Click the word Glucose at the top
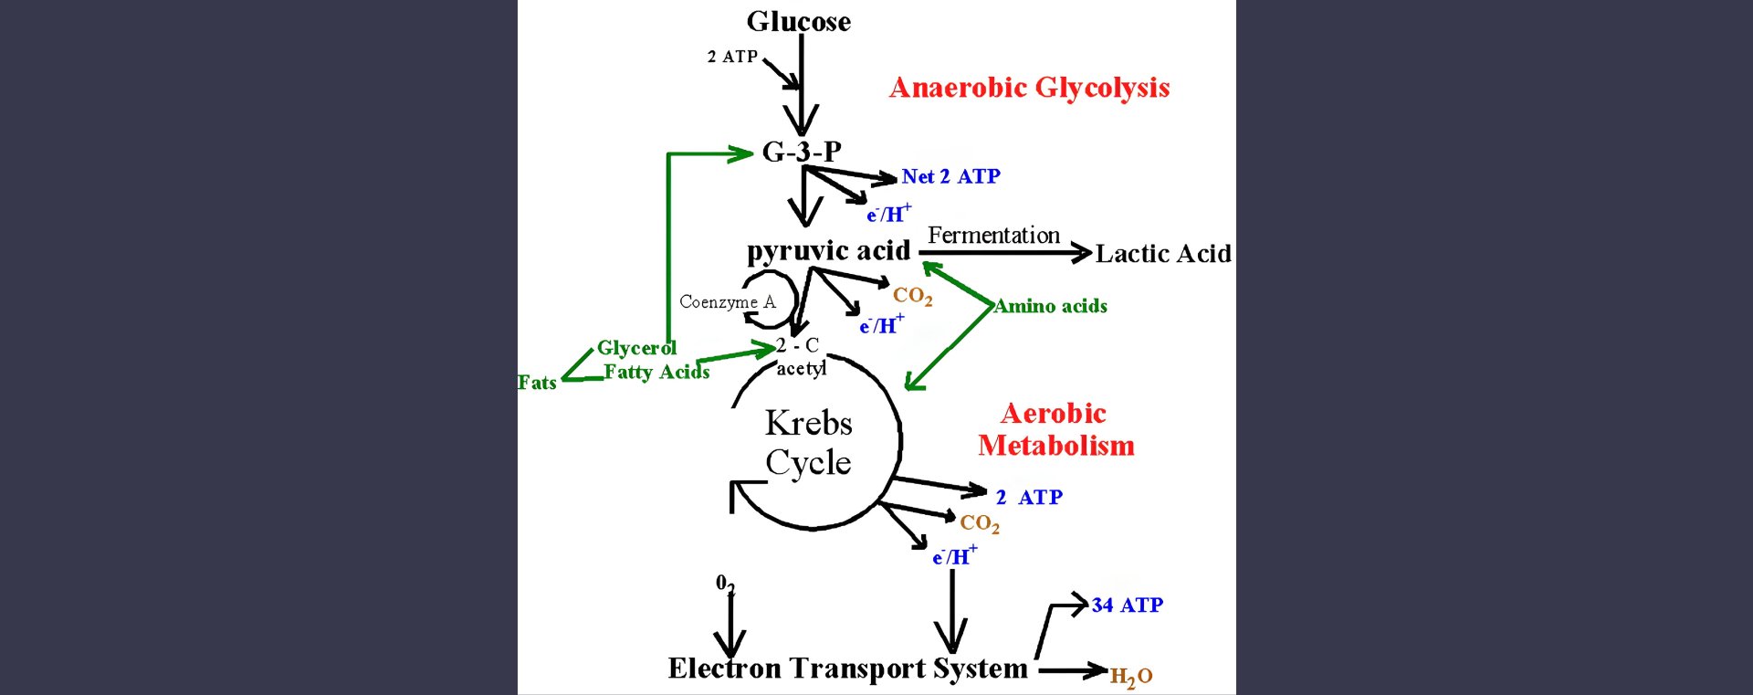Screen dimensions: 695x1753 pos(798,21)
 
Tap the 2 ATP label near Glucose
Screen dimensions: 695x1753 pos(732,57)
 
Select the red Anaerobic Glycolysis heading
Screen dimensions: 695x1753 pos(1029,88)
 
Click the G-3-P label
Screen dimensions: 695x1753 pos(802,152)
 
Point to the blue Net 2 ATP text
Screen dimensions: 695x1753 pos(950,176)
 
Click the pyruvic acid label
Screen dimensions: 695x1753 pos(828,250)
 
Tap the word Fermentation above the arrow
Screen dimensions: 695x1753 pos(993,235)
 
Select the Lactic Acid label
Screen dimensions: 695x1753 pos(1163,253)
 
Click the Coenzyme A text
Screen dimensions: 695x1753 pos(727,302)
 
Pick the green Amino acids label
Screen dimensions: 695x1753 pos(1051,306)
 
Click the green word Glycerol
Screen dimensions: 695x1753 pos(636,348)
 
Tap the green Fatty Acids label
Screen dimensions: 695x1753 pos(656,372)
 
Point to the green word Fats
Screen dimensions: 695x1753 pos(537,383)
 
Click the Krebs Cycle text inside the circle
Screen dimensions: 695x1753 pos(808,443)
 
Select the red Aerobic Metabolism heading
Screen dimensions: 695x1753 pos(1055,429)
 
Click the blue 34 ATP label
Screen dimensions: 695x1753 pos(1127,605)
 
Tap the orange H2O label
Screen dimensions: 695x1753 pos(1130,677)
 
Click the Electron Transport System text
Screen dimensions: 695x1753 pos(847,669)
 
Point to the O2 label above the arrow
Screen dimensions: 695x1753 pos(725,584)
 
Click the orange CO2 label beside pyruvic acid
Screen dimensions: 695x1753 pos(912,295)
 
